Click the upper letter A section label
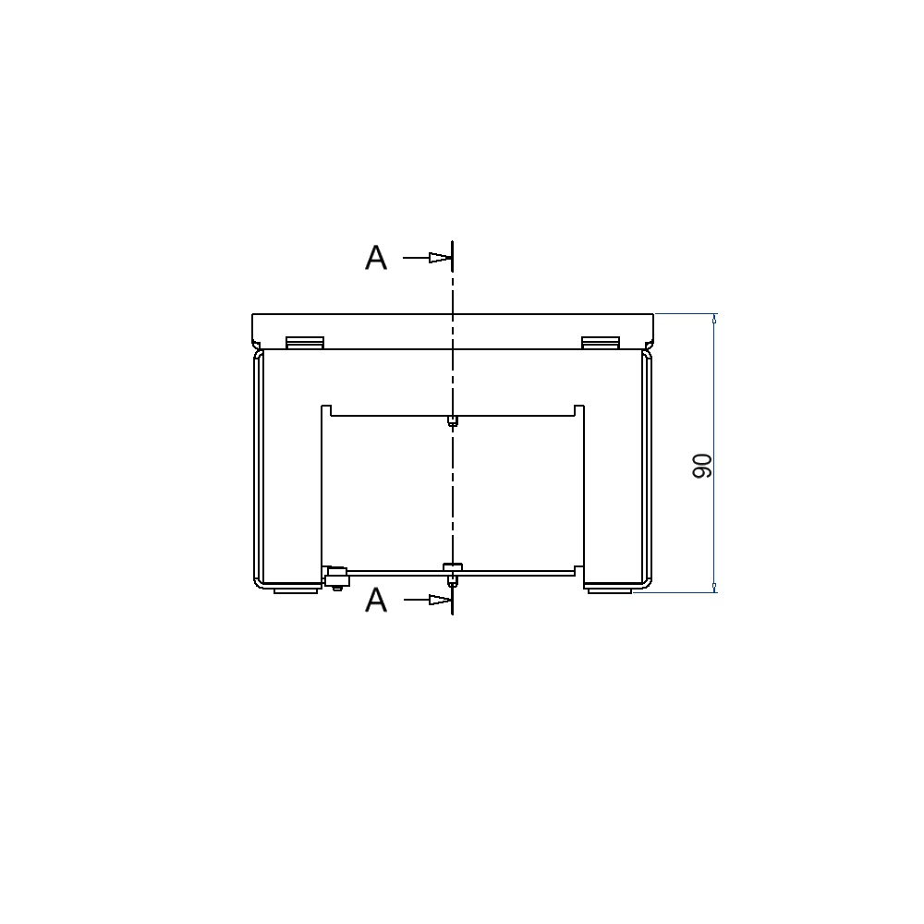tap(376, 258)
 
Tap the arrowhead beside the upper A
tap(440, 258)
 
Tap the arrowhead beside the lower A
tap(440, 600)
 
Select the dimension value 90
tap(702, 466)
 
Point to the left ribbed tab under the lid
tap(305, 343)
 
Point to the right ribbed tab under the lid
tap(601, 343)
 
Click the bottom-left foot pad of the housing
tap(295, 590)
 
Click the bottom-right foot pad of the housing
tap(610, 590)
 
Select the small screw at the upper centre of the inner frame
tap(452, 420)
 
